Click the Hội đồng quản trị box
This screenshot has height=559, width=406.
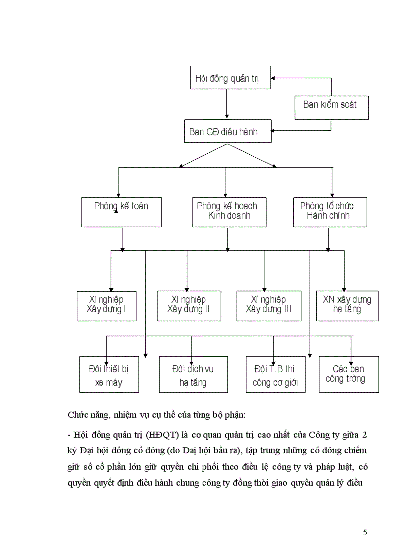[230, 78]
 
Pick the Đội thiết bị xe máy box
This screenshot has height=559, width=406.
[109, 374]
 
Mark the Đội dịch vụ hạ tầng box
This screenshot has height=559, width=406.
[194, 374]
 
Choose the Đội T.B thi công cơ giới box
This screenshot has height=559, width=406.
[276, 374]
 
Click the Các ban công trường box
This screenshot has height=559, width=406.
[349, 374]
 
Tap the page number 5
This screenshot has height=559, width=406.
[365, 533]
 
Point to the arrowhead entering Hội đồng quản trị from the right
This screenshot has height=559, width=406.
[274, 78]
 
